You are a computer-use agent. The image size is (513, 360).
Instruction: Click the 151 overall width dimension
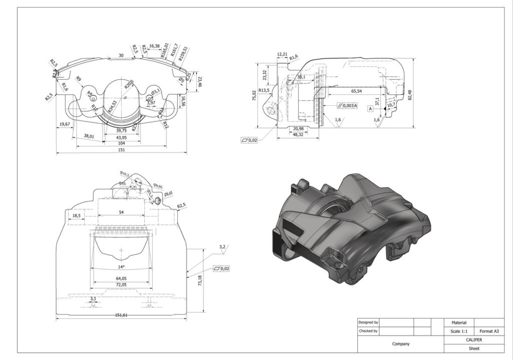(x=121, y=149)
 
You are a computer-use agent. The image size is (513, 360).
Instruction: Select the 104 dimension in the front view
(x=121, y=143)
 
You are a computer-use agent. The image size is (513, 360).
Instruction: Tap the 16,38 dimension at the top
(x=154, y=46)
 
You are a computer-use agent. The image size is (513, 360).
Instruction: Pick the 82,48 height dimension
(x=410, y=95)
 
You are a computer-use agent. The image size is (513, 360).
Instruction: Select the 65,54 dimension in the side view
(x=357, y=91)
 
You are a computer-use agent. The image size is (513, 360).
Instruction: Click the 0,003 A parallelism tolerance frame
(x=347, y=106)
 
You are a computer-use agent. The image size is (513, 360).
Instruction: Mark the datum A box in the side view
(x=370, y=108)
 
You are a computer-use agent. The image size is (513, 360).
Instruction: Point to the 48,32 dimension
(x=298, y=134)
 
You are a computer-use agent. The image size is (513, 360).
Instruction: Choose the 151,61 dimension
(x=121, y=315)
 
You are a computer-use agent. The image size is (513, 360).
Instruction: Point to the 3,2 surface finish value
(x=222, y=247)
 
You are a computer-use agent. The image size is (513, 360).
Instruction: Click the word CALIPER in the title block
(x=473, y=339)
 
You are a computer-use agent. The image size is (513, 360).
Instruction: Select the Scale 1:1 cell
(x=458, y=331)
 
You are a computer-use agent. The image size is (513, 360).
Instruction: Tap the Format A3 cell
(x=488, y=331)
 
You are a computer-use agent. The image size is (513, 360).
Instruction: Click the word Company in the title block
(x=400, y=344)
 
